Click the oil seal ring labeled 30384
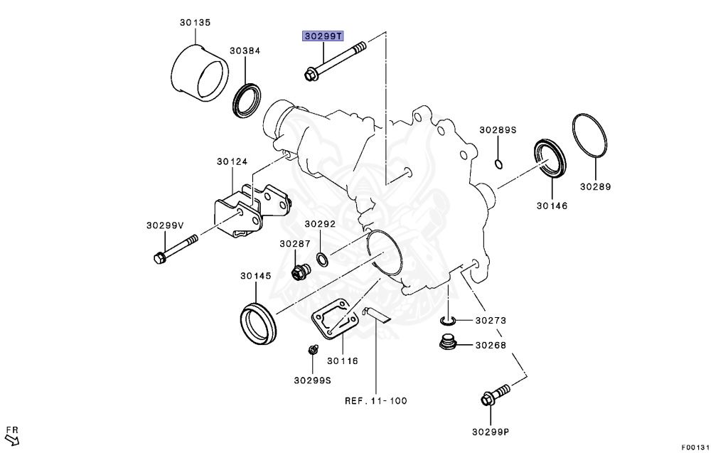pos(246,100)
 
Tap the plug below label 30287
pos(301,272)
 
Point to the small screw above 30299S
pos(311,351)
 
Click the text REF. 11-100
pos(375,401)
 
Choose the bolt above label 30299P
pos(496,394)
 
